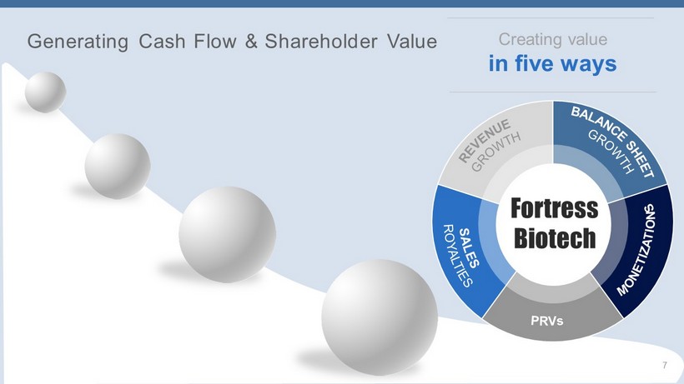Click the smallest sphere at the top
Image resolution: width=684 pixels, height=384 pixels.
[45, 92]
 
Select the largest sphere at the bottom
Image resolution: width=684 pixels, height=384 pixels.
[380, 317]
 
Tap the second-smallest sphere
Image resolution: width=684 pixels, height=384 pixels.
[118, 167]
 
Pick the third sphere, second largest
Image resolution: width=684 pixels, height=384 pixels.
[227, 234]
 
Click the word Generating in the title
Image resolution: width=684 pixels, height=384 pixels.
[78, 42]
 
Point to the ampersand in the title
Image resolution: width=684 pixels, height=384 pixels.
[251, 41]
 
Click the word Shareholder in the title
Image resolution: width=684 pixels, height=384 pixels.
[321, 41]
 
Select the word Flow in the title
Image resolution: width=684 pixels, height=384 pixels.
[215, 41]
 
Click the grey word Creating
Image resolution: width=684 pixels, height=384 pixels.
[526, 40]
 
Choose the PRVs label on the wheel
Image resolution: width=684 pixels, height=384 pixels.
[547, 321]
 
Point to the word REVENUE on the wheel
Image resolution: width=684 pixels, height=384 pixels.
[484, 141]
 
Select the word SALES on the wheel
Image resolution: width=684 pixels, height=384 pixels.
[470, 247]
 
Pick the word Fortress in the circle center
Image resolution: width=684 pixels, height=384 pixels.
[555, 208]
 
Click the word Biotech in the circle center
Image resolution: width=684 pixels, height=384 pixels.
[555, 237]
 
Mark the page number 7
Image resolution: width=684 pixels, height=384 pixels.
[664, 366]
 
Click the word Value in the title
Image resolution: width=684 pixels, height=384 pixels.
[412, 41]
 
